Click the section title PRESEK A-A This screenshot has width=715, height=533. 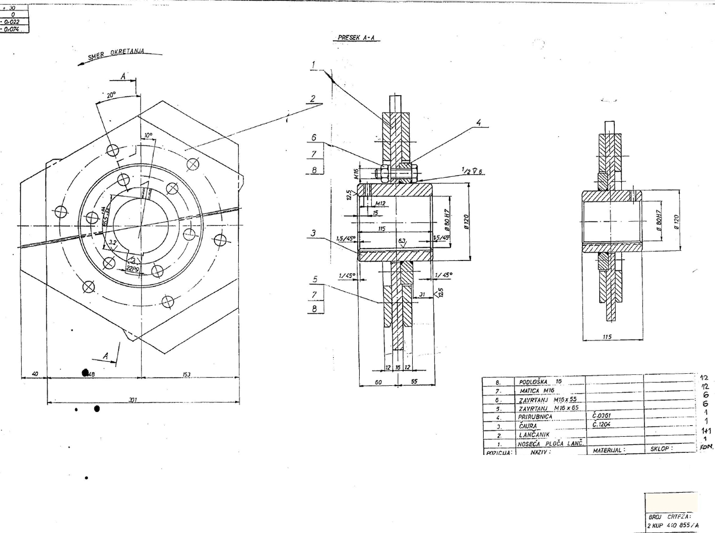tap(356, 38)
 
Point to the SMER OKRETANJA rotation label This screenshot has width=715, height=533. tap(116, 54)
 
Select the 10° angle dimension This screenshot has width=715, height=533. tap(148, 136)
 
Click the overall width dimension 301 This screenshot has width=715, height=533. tap(133, 399)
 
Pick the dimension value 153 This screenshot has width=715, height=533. tap(187, 374)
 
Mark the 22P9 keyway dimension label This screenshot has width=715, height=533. tap(133, 269)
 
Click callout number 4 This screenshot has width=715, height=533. tap(479, 122)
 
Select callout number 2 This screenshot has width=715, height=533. tap(313, 99)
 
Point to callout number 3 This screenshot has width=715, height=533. tap(313, 233)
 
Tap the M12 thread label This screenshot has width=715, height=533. tap(380, 204)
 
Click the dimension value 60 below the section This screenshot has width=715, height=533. tap(378, 382)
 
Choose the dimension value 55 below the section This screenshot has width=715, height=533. tap(414, 381)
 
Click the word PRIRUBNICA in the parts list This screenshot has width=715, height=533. tap(535, 417)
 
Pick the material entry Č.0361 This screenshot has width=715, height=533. tap(602, 416)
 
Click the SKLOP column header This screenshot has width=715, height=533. tap(661, 448)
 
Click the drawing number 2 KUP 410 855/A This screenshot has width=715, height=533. tap(672, 525)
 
